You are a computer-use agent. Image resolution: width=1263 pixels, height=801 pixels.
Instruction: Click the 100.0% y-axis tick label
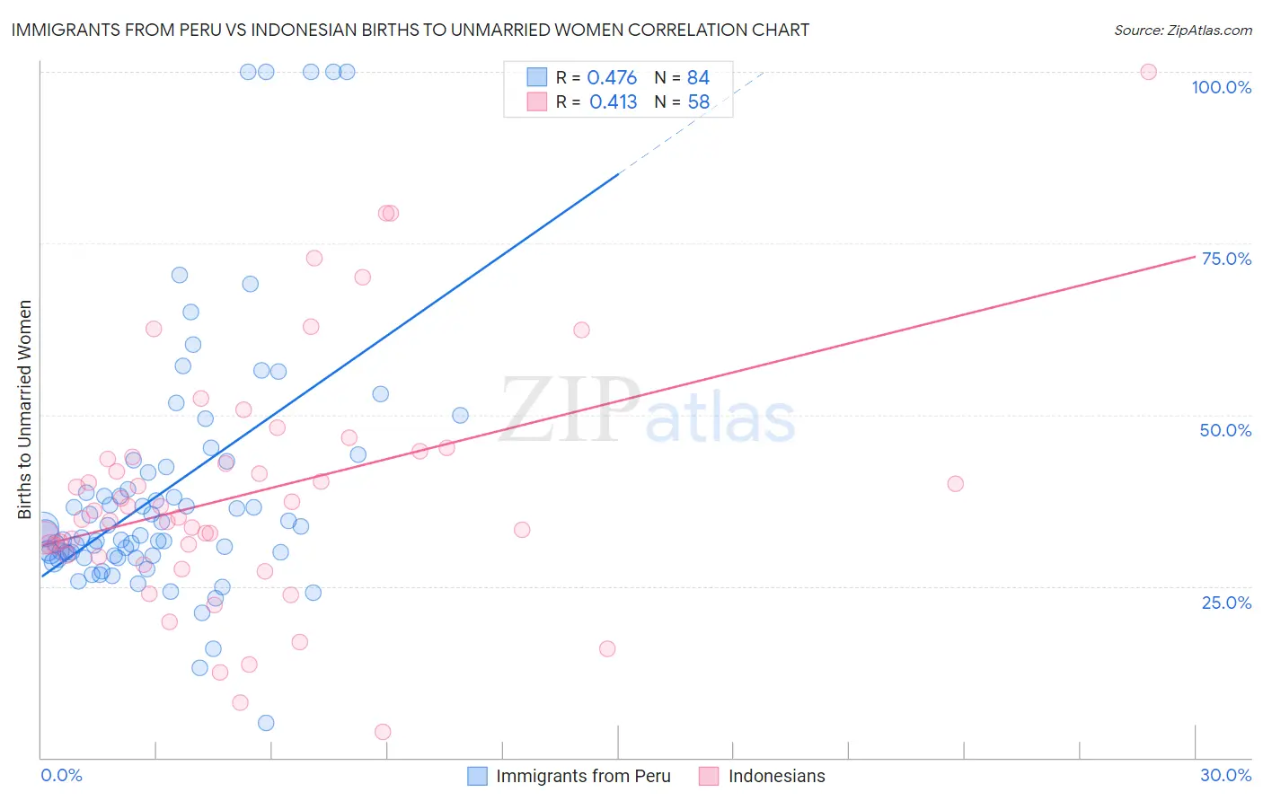(1221, 87)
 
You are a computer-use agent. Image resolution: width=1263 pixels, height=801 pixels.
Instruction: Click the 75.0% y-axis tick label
(1226, 259)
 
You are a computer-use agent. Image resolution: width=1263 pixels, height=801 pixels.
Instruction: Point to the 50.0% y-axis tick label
(1225, 430)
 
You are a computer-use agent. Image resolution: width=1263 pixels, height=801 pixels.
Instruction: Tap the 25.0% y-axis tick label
(1226, 603)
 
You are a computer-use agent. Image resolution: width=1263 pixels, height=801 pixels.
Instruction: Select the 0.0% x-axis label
(61, 775)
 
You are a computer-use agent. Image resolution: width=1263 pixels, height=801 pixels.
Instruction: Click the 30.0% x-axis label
(1225, 775)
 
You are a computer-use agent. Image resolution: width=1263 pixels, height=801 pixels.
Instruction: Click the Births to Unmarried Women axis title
(24, 409)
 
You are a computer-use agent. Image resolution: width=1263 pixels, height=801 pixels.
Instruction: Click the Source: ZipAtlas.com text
(1182, 31)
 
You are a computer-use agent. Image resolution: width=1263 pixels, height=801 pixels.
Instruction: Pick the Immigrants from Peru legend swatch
(477, 776)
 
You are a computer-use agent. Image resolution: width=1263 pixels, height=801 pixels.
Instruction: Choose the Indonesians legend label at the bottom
(776, 776)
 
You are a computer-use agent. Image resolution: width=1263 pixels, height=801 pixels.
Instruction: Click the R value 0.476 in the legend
(612, 78)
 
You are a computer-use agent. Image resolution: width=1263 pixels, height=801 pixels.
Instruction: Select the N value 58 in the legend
(698, 102)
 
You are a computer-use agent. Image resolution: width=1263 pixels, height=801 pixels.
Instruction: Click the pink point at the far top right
(1148, 72)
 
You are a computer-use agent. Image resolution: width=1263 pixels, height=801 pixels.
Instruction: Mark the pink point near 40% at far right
(955, 484)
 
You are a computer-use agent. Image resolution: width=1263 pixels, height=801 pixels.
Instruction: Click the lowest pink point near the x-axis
(383, 732)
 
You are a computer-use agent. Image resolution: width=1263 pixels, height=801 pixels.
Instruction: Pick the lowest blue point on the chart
(266, 723)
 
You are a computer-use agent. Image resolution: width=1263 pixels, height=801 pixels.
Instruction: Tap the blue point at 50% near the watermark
(460, 415)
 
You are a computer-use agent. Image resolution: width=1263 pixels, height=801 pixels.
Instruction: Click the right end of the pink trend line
(1194, 256)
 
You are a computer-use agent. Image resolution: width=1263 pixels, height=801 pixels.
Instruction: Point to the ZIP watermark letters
(570, 409)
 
